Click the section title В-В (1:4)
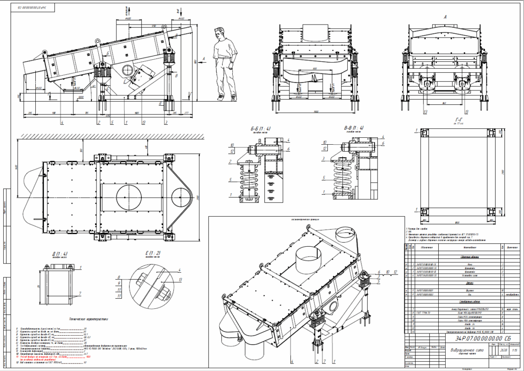(353, 128)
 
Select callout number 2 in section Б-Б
(230, 161)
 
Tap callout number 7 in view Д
(80, 293)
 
